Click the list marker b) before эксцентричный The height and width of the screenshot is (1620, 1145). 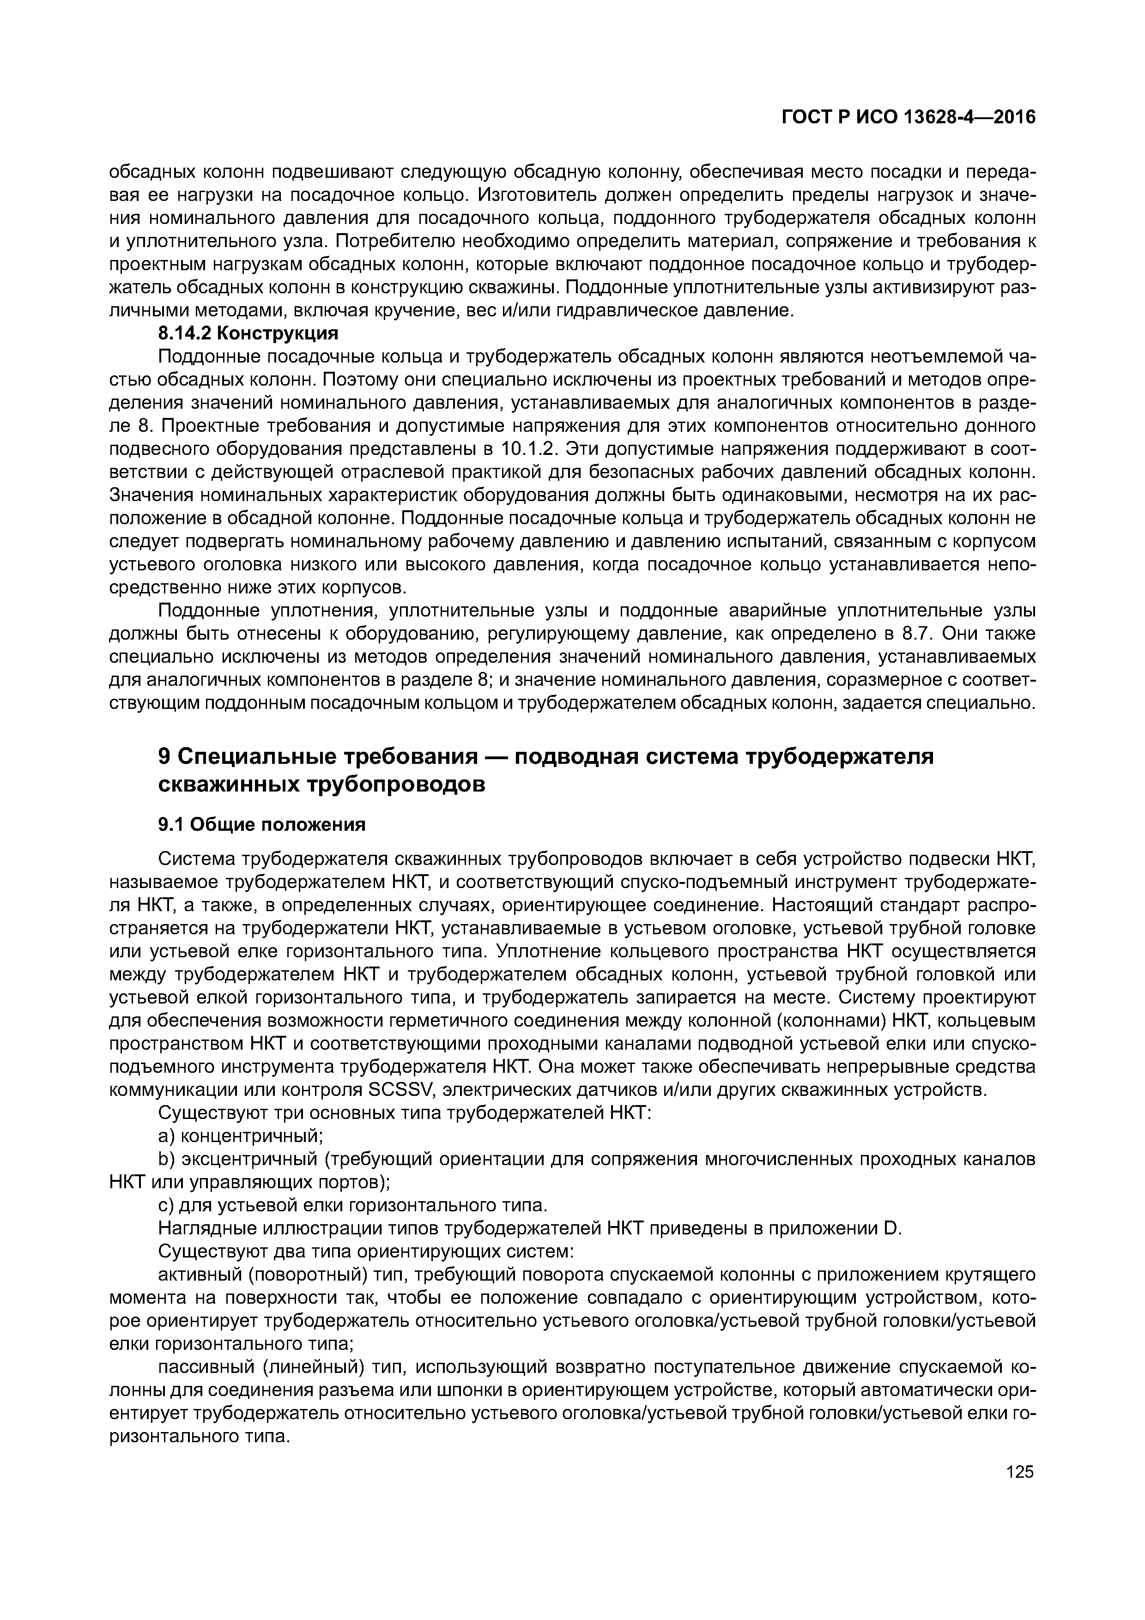(x=167, y=1159)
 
